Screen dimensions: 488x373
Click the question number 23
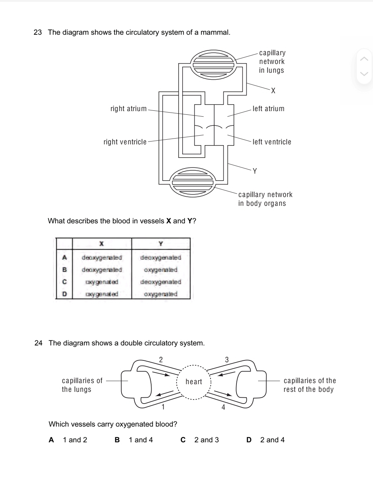[38, 33]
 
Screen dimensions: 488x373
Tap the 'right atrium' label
[128, 109]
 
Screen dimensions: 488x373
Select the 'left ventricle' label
[272, 142]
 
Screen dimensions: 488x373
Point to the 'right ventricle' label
[125, 142]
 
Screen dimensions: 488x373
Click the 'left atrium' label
[268, 109]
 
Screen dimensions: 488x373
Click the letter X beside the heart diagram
[273, 91]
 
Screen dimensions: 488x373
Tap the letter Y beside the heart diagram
[255, 171]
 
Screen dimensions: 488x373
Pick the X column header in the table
[102, 244]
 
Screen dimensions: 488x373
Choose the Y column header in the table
[161, 244]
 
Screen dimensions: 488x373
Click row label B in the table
[64, 270]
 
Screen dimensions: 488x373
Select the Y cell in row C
[161, 282]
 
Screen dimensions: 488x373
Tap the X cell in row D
[102, 294]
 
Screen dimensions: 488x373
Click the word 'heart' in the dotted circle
[194, 382]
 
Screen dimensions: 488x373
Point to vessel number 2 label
[161, 359]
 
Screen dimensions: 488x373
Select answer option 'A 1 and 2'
[68, 440]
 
